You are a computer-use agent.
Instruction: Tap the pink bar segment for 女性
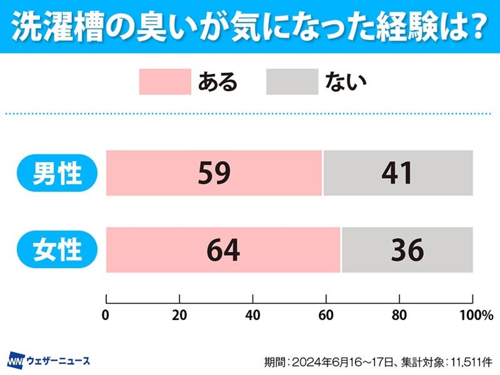pyautogui.click(x=156, y=250)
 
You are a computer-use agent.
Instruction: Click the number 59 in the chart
pyautogui.click(x=214, y=173)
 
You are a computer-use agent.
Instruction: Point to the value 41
pyautogui.click(x=397, y=173)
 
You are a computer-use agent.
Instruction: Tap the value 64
pyautogui.click(x=223, y=250)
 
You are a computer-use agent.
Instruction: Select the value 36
pyautogui.click(x=407, y=250)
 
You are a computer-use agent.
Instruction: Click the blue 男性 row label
pyautogui.click(x=57, y=173)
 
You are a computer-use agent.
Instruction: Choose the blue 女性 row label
pyautogui.click(x=57, y=250)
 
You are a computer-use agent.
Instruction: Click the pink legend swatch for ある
pyautogui.click(x=165, y=82)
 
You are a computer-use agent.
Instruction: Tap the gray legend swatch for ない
pyautogui.click(x=292, y=82)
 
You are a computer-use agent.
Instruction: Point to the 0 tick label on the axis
pyautogui.click(x=106, y=315)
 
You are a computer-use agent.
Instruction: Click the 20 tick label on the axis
pyautogui.click(x=180, y=315)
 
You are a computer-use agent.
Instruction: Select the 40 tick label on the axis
pyautogui.click(x=253, y=315)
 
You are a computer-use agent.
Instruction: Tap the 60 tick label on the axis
pyautogui.click(x=326, y=315)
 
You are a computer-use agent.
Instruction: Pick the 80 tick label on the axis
pyautogui.click(x=399, y=315)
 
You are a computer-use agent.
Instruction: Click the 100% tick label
pyautogui.click(x=476, y=315)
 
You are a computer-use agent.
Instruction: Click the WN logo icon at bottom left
pyautogui.click(x=16, y=361)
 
